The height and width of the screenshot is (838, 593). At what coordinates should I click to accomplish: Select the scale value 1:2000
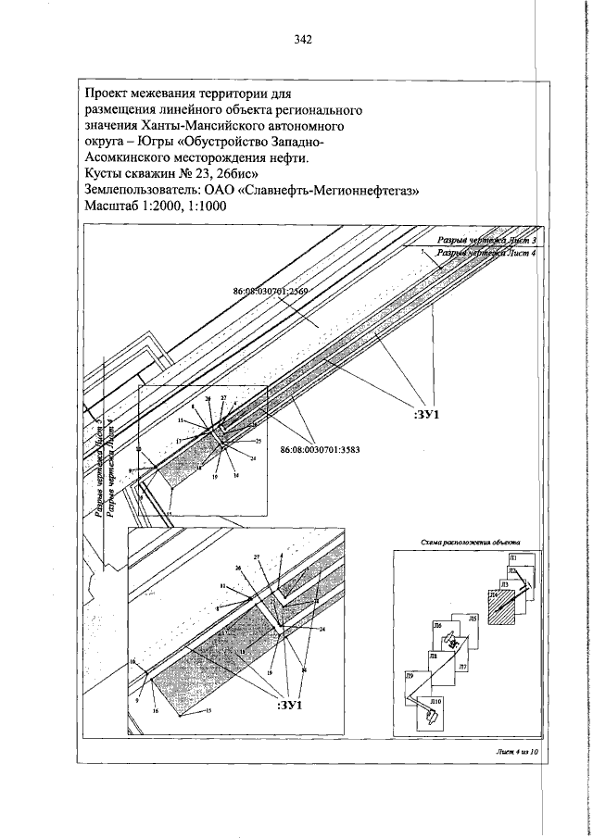tap(157, 208)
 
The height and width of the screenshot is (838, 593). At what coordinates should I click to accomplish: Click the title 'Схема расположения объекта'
tap(469, 544)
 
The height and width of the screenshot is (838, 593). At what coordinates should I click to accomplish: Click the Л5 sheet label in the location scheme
tap(473, 617)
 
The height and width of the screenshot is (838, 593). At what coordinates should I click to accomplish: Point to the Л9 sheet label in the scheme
tap(410, 678)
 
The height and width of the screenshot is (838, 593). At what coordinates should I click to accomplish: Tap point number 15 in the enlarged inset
tap(208, 710)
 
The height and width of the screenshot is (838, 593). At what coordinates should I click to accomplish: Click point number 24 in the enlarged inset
tap(322, 630)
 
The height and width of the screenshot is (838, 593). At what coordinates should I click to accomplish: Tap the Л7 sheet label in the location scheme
tap(462, 667)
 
